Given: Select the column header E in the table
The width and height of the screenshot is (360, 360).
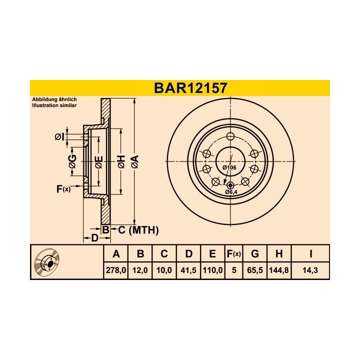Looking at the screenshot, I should pyautogui.click(x=212, y=254).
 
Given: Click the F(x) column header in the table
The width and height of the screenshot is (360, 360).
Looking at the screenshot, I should pyautogui.click(x=233, y=254).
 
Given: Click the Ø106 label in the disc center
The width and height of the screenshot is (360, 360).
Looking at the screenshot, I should pyautogui.click(x=229, y=167).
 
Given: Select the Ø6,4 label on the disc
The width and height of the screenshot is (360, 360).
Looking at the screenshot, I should pyautogui.click(x=230, y=192).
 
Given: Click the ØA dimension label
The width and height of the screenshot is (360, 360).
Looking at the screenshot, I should pyautogui.click(x=134, y=161).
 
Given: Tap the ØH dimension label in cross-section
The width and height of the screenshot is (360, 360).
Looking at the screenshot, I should pyautogui.click(x=120, y=161).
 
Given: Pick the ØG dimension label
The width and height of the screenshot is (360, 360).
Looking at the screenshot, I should pyautogui.click(x=72, y=161).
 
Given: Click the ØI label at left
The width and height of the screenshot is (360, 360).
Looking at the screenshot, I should pyautogui.click(x=58, y=136).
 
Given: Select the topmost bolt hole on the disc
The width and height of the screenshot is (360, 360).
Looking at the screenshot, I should pyautogui.click(x=230, y=137).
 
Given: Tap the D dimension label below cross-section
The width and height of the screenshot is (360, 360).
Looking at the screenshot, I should pyautogui.click(x=94, y=238).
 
